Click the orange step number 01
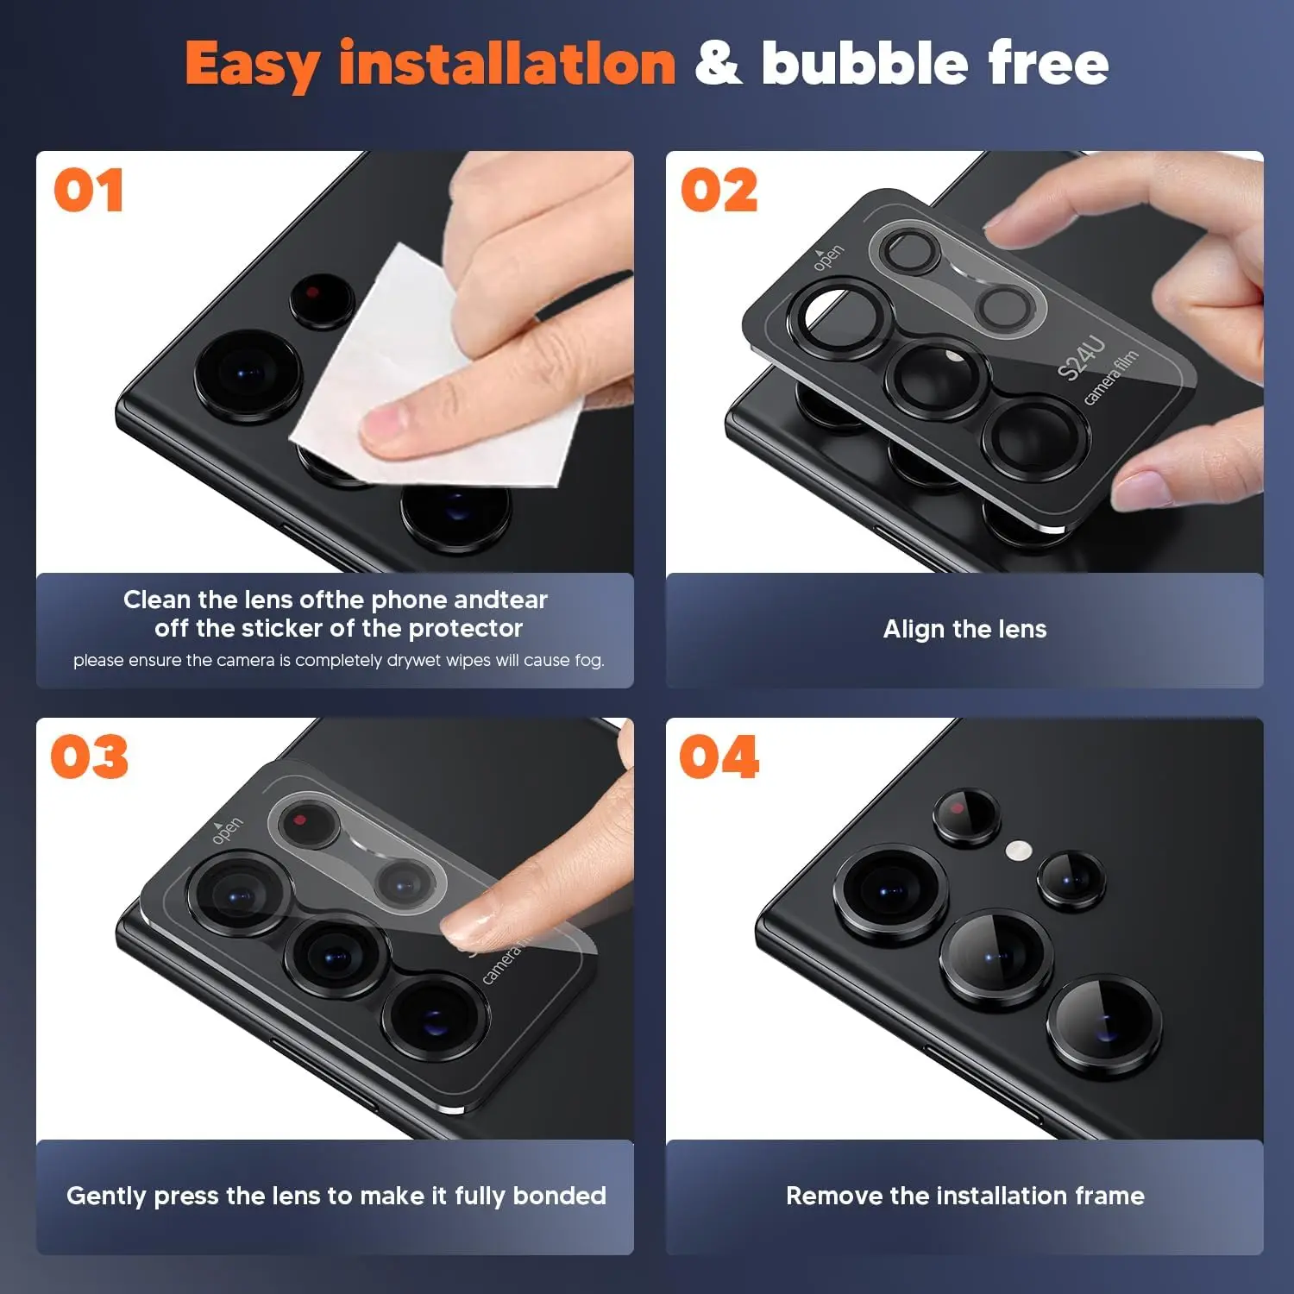click(89, 191)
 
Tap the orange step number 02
click(719, 191)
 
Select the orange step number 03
click(90, 757)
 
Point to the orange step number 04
click(719, 757)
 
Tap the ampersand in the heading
click(719, 64)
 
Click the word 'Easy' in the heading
click(253, 66)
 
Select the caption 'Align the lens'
click(964, 629)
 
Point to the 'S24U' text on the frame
click(1081, 359)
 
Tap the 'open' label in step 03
click(227, 829)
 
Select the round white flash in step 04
click(1019, 851)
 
